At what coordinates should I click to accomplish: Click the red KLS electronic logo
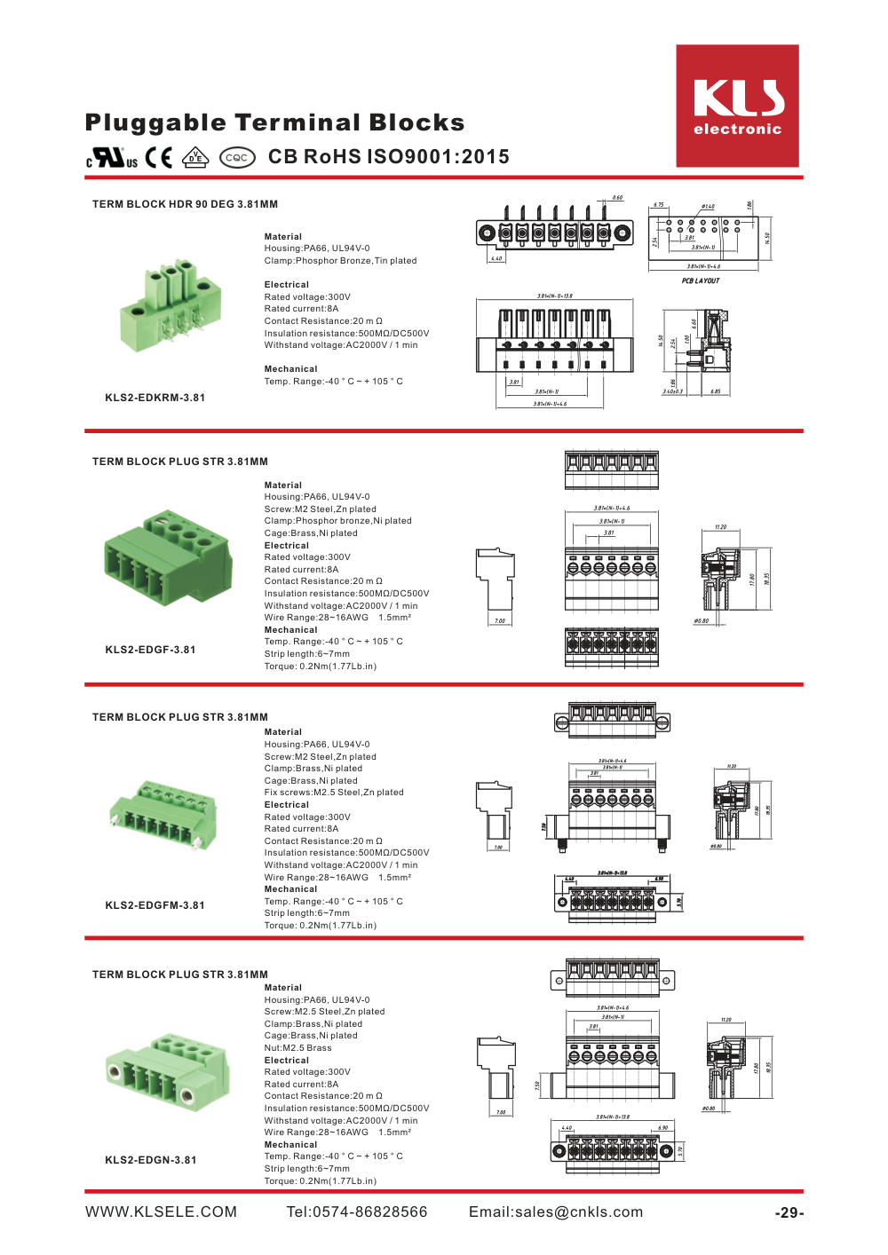point(737,106)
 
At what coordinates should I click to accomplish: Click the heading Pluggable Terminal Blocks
point(274,122)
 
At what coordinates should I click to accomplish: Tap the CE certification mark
point(159,157)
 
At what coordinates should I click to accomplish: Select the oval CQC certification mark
point(237,158)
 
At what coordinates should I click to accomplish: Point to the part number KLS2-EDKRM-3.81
point(155,398)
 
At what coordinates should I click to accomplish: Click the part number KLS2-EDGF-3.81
point(150,650)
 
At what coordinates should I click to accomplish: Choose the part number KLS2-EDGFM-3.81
point(155,905)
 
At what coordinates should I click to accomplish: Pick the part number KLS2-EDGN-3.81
point(150,1160)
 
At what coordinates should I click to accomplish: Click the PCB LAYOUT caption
point(701,280)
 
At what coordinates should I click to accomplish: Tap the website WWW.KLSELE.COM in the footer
point(161,1212)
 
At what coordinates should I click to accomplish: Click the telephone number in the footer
point(356,1212)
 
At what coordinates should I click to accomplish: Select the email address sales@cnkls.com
point(556,1212)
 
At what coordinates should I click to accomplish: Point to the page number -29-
point(789,1213)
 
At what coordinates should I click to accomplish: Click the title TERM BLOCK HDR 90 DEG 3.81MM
point(185,204)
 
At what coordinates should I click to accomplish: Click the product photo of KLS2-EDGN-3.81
point(166,1069)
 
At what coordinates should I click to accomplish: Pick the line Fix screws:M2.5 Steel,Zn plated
point(333,793)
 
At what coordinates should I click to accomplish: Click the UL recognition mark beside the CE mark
point(112,158)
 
